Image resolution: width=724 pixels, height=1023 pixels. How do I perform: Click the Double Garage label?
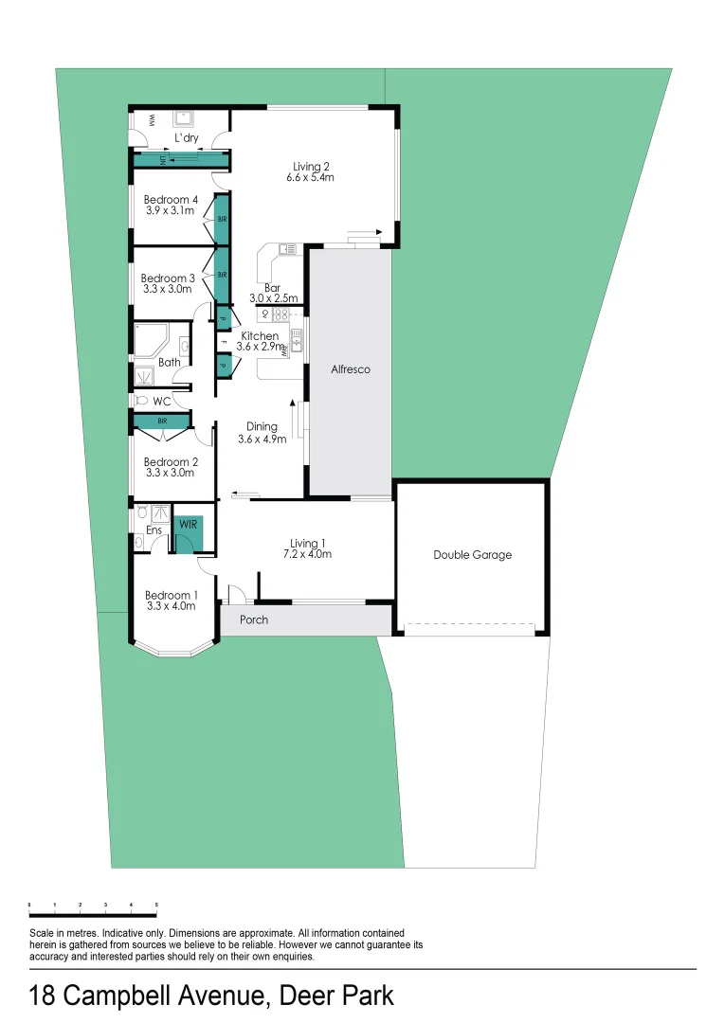coord(472,555)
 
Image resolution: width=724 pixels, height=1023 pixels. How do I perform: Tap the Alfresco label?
coord(350,369)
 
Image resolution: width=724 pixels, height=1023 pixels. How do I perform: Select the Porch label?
coord(253,620)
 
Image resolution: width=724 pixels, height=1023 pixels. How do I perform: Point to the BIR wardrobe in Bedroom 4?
coord(222,219)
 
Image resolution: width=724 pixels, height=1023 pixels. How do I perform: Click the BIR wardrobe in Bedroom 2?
coord(163,421)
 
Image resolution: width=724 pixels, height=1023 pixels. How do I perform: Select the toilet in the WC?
coord(142,401)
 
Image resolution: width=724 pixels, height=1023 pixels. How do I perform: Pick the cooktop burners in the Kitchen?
coord(281,314)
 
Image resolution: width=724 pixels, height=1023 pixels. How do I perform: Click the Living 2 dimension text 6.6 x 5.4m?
coord(312,178)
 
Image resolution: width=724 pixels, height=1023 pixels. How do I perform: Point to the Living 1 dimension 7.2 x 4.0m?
coord(310,554)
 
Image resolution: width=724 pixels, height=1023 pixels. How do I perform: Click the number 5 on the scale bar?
coord(156,906)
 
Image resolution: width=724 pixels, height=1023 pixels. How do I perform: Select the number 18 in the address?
coord(42,996)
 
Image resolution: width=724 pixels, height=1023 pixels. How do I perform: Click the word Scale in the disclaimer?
coord(42,933)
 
